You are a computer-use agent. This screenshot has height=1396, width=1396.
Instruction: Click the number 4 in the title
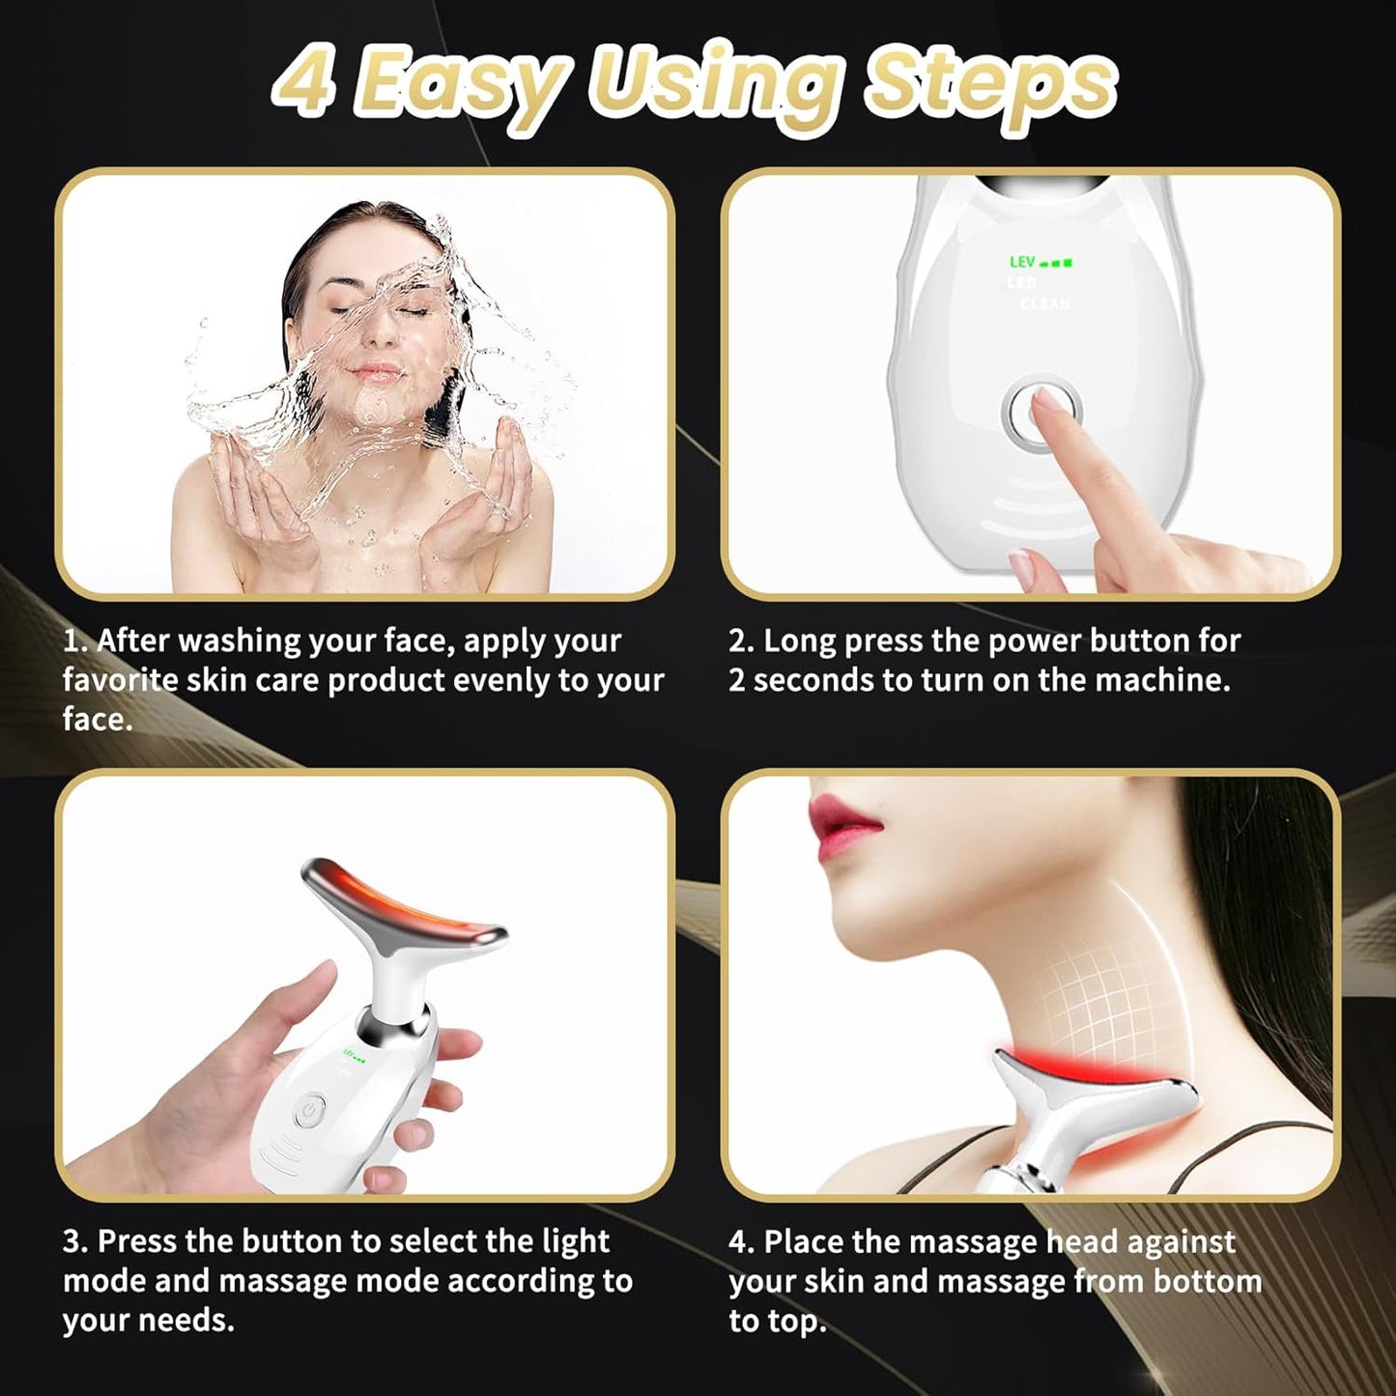(302, 82)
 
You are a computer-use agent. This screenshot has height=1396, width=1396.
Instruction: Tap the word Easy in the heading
(461, 85)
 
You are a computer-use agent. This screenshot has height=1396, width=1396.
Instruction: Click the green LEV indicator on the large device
(1040, 262)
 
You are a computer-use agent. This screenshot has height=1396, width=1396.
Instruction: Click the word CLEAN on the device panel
(1045, 304)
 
